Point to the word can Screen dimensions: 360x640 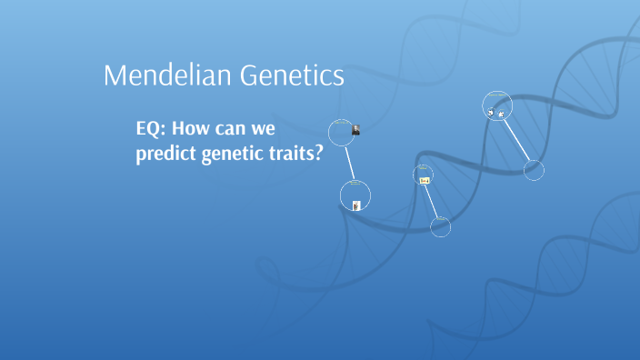click(x=247, y=128)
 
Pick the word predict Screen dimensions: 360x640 click(x=165, y=155)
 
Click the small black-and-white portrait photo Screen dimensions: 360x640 click(x=355, y=130)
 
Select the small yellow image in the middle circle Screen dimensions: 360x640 click(x=425, y=180)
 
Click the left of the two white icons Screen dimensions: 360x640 click(x=491, y=113)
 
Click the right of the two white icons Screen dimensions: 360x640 click(x=501, y=113)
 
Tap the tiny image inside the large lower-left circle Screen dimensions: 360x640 click(x=356, y=205)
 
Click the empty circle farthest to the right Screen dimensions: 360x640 click(x=534, y=170)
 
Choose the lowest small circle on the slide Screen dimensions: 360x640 click(x=440, y=227)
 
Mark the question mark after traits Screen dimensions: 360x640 click(x=319, y=155)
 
